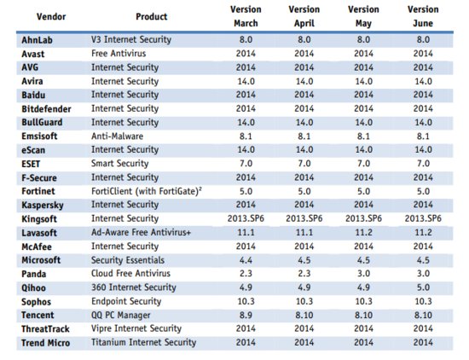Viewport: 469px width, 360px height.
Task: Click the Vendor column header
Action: point(51,16)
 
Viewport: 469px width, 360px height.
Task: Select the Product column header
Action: point(151,16)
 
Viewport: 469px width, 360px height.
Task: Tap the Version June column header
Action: point(423,16)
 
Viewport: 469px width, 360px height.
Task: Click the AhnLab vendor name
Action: point(37,40)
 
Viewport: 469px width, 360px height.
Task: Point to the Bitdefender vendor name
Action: point(46,109)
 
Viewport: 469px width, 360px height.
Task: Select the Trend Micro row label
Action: point(46,343)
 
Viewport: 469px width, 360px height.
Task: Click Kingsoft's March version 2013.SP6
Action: point(246,218)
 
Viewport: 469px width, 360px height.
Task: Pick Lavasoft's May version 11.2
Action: point(363,232)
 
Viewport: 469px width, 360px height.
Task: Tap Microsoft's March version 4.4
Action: point(246,260)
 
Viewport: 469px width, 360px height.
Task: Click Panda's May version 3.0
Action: point(363,274)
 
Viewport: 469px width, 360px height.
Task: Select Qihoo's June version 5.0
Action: point(423,287)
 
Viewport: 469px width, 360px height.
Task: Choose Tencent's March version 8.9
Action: point(246,315)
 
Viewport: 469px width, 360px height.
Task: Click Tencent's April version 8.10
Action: point(304,315)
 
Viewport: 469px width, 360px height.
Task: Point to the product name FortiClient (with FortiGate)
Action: point(147,191)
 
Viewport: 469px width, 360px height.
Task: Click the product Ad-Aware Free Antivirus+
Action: point(141,232)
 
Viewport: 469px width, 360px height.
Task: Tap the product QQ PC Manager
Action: point(121,315)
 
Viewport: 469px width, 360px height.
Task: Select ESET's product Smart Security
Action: point(120,164)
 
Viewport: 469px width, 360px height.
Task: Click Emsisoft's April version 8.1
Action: point(304,136)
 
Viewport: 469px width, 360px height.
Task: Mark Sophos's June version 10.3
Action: point(423,301)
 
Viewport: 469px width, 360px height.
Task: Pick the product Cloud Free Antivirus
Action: point(130,274)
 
